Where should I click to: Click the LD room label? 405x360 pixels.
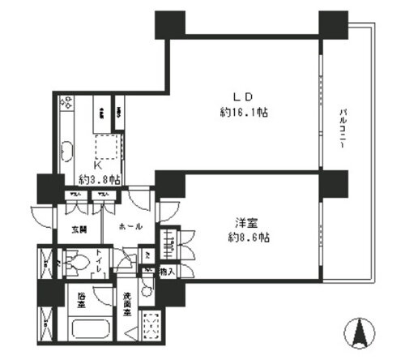[241, 96]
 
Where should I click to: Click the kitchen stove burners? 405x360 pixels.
[66, 104]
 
